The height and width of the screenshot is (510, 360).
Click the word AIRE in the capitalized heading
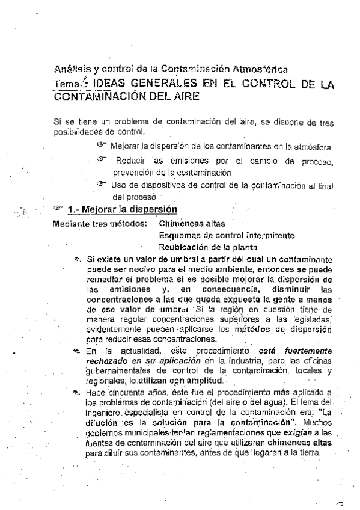[x=184, y=96]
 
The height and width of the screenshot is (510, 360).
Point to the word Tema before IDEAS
[x=64, y=84]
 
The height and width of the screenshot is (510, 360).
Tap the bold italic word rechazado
[x=109, y=360]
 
